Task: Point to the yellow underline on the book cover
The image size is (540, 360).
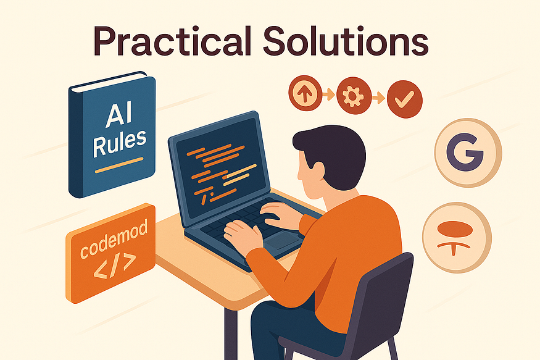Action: pos(119,165)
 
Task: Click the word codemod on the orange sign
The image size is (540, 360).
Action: pos(114,238)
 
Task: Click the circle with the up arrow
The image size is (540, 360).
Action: pos(305,93)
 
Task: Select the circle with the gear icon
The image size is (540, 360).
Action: pos(354,96)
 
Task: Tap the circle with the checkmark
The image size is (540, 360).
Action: pos(405,99)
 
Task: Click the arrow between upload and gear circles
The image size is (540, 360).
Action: pos(329,94)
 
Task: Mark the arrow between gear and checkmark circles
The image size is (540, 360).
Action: pos(379,97)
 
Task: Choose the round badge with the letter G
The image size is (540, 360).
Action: pos(468,153)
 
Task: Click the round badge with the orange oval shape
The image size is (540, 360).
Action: pos(457,238)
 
